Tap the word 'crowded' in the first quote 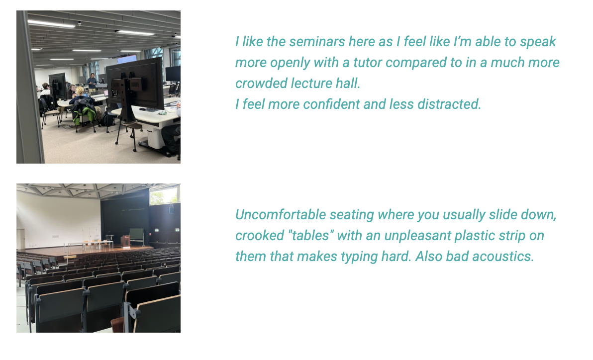(260, 83)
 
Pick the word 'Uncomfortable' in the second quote (280, 215)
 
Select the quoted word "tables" (310, 236)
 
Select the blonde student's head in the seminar (80, 91)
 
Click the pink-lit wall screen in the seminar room (127, 59)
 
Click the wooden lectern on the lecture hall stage (125, 241)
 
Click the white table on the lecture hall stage (99, 243)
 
